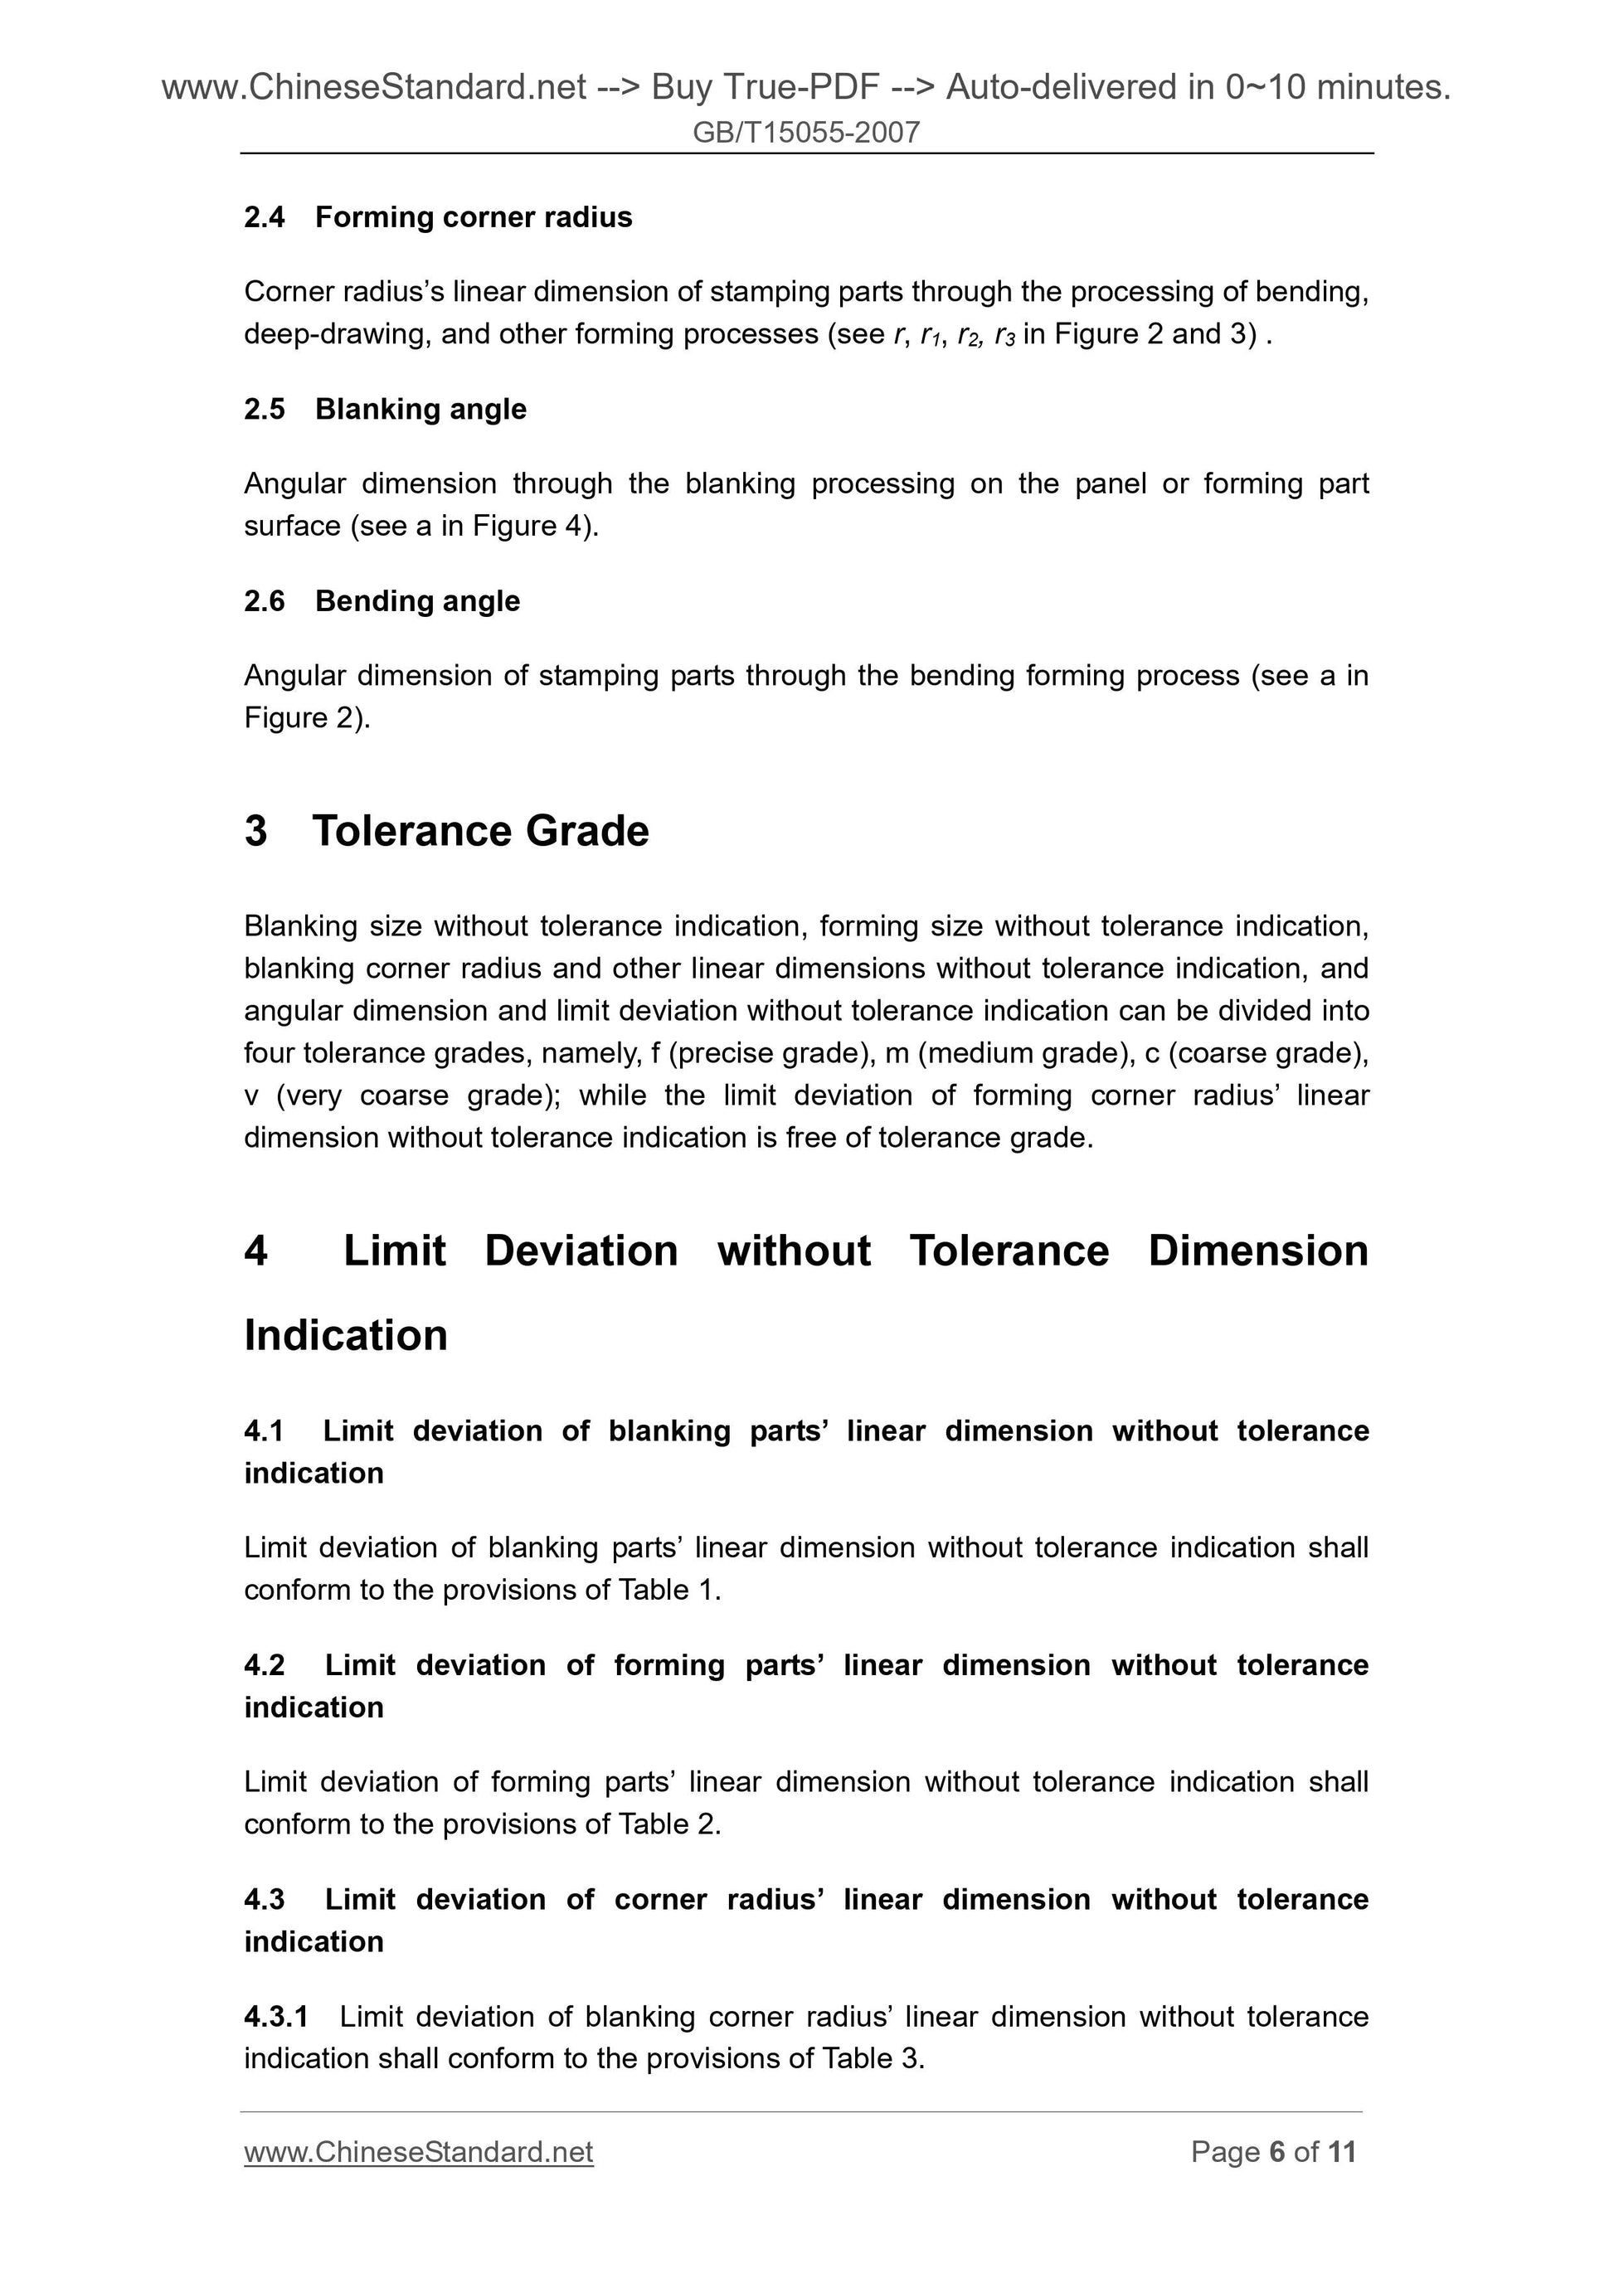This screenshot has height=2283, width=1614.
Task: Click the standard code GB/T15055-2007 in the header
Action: tap(805, 132)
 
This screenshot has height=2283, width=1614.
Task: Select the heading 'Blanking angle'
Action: tap(421, 409)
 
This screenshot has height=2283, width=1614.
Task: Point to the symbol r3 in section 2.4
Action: tap(1004, 335)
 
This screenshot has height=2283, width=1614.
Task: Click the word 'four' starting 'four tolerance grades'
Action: tap(269, 1053)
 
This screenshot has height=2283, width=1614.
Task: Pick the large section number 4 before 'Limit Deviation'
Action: tap(255, 1251)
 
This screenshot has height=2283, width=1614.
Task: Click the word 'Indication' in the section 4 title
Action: tap(345, 1335)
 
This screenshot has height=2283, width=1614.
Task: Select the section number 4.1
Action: tap(264, 1431)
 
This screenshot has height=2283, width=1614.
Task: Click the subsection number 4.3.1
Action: tap(275, 2017)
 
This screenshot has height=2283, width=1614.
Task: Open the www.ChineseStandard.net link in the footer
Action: tap(418, 2153)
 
